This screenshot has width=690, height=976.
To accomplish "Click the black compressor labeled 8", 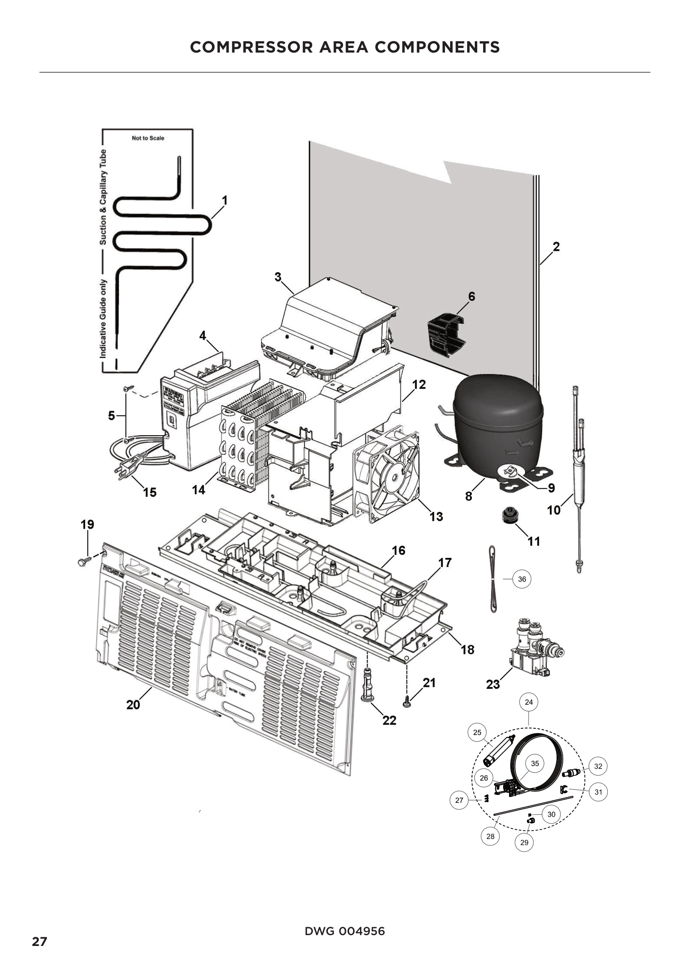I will click(x=497, y=419).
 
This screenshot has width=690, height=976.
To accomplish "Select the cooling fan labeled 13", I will click(x=387, y=474).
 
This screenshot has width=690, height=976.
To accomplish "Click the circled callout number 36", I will click(x=522, y=579).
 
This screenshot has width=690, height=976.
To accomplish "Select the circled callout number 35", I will click(x=534, y=764).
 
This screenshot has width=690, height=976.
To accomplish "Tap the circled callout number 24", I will click(x=529, y=702).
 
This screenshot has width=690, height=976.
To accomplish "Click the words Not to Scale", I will click(x=148, y=138).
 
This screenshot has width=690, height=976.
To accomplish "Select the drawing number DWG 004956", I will click(x=345, y=931).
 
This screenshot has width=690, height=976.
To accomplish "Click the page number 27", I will click(x=40, y=942).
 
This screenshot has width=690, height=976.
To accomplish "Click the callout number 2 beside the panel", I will click(x=556, y=247).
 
